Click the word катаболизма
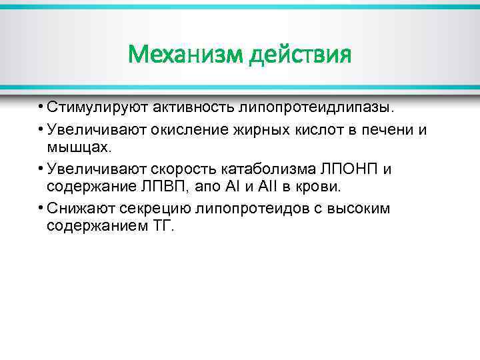pos(270,169)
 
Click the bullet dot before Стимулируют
pos(40,107)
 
